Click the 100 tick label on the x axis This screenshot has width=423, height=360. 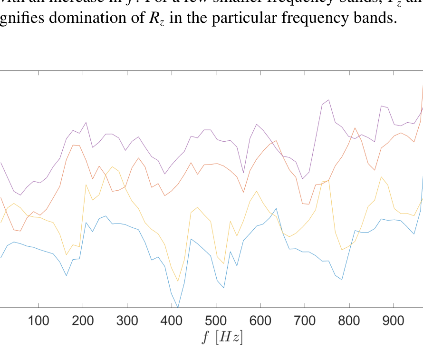[38, 321]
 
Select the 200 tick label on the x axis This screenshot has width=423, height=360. [83, 321]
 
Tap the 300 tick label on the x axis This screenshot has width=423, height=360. [127, 321]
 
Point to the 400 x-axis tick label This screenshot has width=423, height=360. [172, 321]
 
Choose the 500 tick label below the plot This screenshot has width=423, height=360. [216, 321]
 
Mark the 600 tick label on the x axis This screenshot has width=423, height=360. [260, 321]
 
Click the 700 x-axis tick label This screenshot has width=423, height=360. [304, 321]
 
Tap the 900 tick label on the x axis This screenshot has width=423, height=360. [393, 321]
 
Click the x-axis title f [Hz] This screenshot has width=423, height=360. [222, 338]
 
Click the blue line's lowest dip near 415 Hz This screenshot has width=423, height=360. [178, 307]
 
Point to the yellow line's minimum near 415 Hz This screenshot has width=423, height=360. [178, 281]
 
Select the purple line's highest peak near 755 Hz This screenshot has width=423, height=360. [328, 100]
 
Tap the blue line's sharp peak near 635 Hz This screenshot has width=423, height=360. [276, 208]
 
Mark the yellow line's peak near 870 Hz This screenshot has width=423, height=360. [381, 177]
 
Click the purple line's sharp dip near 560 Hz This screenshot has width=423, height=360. [243, 173]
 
